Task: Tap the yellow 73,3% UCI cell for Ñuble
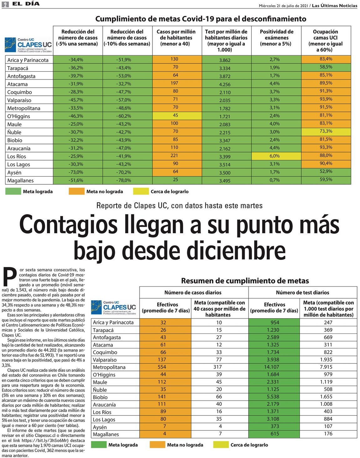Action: pos(326,131)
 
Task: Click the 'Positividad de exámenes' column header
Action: pos(276,38)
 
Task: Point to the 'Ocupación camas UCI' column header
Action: pos(326,40)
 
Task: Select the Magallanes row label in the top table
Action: pos(21,181)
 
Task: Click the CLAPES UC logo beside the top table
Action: pos(28,45)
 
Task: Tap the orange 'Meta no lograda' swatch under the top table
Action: pos(76,191)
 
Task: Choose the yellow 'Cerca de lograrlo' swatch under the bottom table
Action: pos(221,445)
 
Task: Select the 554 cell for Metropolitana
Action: pos(165,367)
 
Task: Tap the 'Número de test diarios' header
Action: pos(302,292)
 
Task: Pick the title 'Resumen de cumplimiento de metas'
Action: pos(245,281)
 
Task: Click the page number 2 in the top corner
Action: pos(5,4)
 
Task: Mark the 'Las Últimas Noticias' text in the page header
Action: pos(334,6)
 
